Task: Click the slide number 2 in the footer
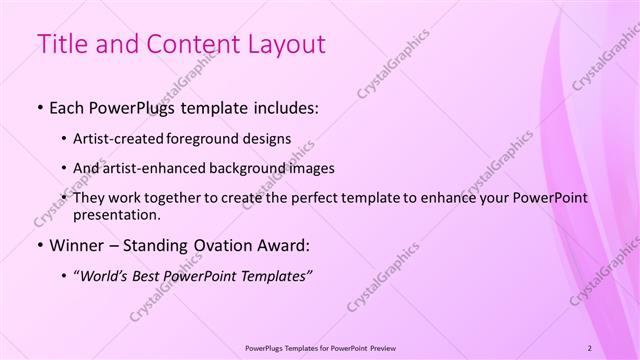[589, 347]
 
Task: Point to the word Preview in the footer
[380, 347]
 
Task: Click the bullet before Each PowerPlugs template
[39, 105]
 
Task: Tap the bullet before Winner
[39, 244]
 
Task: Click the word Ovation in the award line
[220, 244]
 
